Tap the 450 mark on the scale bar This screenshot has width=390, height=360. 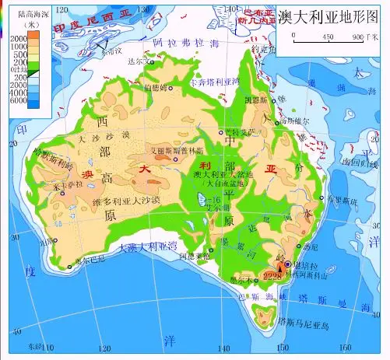(328, 37)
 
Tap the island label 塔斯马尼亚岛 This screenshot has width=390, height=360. (305, 323)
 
